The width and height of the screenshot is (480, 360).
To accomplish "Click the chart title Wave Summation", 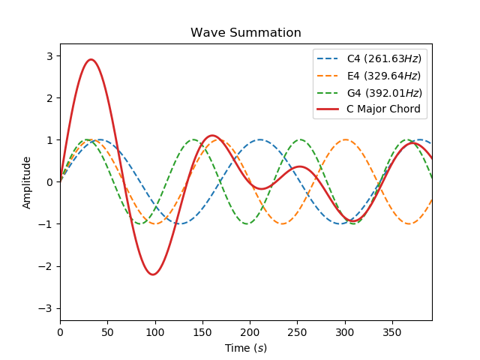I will pyautogui.click(x=246, y=33).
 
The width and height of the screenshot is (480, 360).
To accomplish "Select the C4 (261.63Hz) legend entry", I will pyautogui.click(x=383, y=58).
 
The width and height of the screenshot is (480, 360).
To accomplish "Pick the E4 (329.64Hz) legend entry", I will pyautogui.click(x=383, y=76).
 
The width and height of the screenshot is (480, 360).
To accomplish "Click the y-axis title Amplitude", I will pyautogui.click(x=27, y=182).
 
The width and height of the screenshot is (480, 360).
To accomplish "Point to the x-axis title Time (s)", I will pyautogui.click(x=246, y=348).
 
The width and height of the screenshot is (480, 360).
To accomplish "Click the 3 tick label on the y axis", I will pyautogui.click(x=50, y=56).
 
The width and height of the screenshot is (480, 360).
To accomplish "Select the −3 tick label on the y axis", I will pyautogui.click(x=47, y=308).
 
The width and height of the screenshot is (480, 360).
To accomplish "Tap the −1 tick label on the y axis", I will pyautogui.click(x=47, y=224).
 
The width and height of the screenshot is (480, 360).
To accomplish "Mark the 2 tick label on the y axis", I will pyautogui.click(x=50, y=98).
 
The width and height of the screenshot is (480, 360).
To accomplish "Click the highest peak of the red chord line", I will pyautogui.click(x=91, y=59).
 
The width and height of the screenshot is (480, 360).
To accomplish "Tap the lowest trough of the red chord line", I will pyautogui.click(x=152, y=274).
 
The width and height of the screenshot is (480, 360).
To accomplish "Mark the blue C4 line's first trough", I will pyautogui.click(x=180, y=223).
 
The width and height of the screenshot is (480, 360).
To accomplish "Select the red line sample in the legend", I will pyautogui.click(x=329, y=109).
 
